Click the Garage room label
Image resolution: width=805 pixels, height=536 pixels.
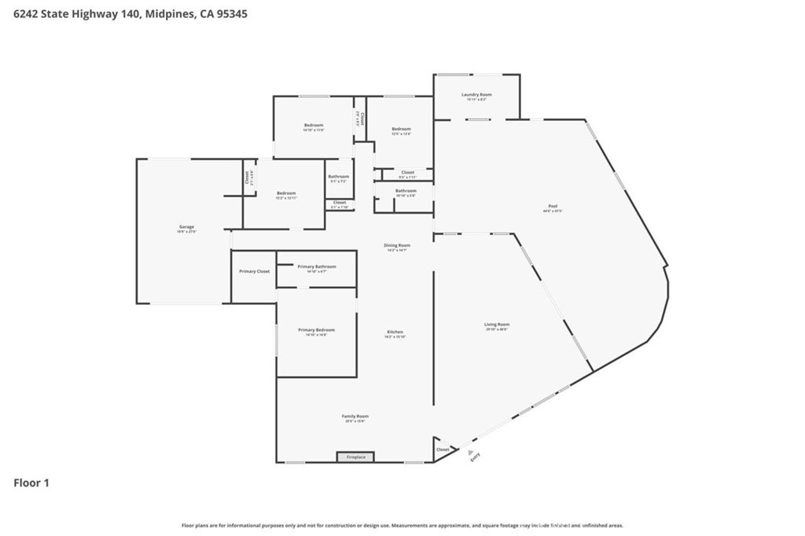pos(186,227)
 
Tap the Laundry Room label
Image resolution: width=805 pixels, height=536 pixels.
pos(476,94)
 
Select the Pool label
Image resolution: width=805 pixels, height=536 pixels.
pos(552,207)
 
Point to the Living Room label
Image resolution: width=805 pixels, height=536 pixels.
pos(497,325)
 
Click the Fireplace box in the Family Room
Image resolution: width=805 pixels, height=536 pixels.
pos(355,457)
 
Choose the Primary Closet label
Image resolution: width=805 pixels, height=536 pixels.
pos(254,271)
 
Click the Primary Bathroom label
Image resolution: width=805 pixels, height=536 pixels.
pos(317,266)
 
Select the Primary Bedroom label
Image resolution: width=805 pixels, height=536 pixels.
pos(316,330)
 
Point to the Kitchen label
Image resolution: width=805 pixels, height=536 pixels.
pos(395,332)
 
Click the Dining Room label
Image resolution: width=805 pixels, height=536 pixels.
pos(397,245)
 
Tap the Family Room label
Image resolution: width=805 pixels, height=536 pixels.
pos(355,417)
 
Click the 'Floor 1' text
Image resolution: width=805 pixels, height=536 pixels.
pos(31,483)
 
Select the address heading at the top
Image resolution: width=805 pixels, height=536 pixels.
pos(130,13)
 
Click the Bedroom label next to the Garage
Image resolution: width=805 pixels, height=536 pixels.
pos(286,193)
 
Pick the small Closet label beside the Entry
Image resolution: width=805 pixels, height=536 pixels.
pos(443,450)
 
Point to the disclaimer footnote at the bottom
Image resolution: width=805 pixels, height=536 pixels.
pos(402,525)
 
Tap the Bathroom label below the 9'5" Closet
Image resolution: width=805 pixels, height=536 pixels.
pos(406,191)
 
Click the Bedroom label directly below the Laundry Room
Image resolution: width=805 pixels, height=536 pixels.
pos(401,129)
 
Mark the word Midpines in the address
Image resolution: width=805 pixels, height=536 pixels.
pos(170,13)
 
